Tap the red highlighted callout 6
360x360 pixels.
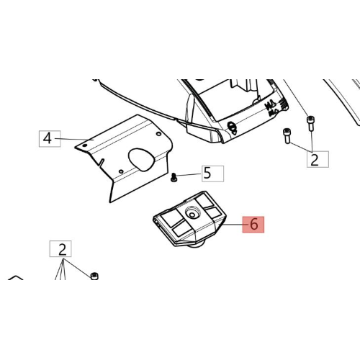[253, 225]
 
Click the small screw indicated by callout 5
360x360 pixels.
[174, 178]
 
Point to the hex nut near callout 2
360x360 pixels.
[94, 276]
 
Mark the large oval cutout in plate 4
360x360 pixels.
[141, 160]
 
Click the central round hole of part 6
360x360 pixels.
[192, 214]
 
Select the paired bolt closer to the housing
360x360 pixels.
[287, 136]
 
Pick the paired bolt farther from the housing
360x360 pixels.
[310, 123]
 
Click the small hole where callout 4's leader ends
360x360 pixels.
[84, 145]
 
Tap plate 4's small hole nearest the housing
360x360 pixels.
[158, 134]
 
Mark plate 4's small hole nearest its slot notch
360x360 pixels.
[121, 171]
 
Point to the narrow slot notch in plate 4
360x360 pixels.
[101, 163]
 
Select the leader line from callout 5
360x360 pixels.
[189, 175]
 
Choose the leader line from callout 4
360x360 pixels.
[74, 139]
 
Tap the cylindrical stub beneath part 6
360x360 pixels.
[196, 245]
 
